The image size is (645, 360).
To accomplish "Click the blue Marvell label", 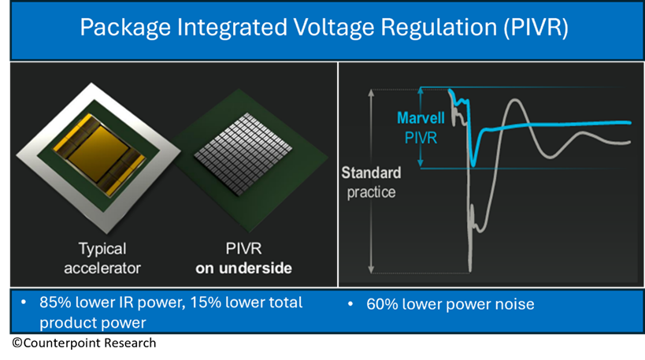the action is point(421,118).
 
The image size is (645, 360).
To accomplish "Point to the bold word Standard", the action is point(371,173).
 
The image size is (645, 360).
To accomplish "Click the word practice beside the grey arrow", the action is point(371,192).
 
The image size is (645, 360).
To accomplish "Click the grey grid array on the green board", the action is point(243,154).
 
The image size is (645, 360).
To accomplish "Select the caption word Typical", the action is point(102,249).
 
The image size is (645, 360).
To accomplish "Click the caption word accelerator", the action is point(102,269).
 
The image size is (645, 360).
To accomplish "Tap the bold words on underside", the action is point(243,269).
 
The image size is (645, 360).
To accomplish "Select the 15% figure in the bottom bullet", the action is point(206,302).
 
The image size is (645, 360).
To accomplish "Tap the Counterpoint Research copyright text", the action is point(84,343).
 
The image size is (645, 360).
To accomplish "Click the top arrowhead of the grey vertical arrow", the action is point(371,93).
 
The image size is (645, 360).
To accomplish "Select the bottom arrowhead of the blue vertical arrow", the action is point(421,164).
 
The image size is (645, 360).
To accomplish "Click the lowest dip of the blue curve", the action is point(473,165).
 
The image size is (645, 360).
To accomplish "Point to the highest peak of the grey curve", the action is point(514,100).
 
